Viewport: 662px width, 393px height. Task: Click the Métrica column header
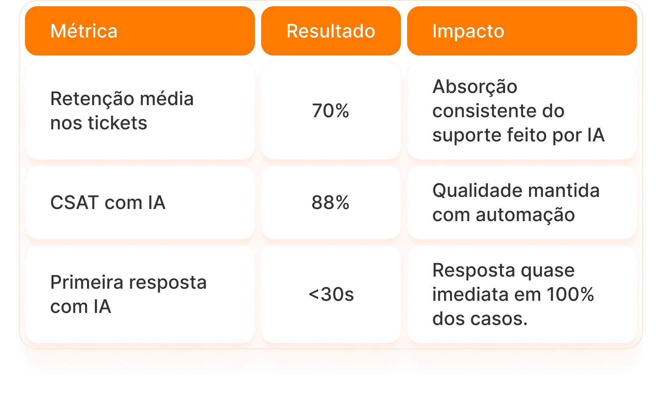[84, 31]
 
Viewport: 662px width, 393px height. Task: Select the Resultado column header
[331, 31]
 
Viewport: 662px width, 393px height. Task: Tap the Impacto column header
[468, 31]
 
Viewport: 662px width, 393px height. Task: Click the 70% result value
[331, 111]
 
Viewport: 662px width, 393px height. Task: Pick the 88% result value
[331, 203]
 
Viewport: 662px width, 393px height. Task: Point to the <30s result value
[331, 295]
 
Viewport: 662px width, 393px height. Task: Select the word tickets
[117, 123]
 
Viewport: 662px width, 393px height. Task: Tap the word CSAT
[75, 203]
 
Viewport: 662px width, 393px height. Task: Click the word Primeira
[87, 282]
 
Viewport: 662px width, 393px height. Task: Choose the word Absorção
[475, 87]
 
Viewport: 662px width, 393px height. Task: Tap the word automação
[525, 215]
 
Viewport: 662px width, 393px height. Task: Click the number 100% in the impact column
[570, 295]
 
